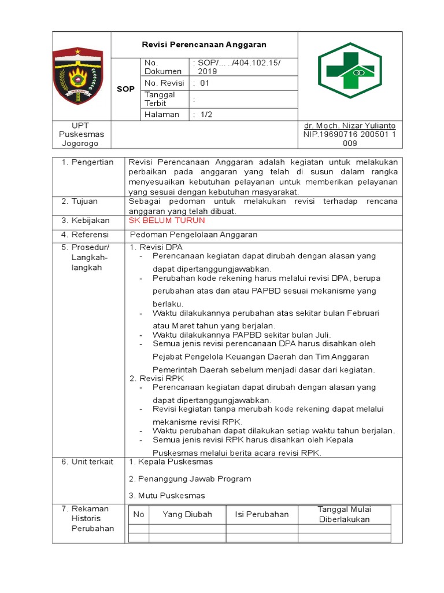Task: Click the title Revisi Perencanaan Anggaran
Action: click(205, 45)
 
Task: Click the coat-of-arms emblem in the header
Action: click(78, 75)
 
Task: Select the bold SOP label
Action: click(125, 89)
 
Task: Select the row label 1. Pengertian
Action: click(88, 162)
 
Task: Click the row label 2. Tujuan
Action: click(80, 202)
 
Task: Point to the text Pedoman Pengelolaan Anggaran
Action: click(194, 235)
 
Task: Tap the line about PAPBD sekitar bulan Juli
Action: click(242, 335)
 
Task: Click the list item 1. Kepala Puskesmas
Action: click(171, 462)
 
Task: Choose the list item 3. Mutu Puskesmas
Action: click(166, 496)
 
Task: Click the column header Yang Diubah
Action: click(187, 514)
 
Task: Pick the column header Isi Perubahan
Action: click(261, 514)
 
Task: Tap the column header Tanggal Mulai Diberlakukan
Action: click(344, 514)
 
